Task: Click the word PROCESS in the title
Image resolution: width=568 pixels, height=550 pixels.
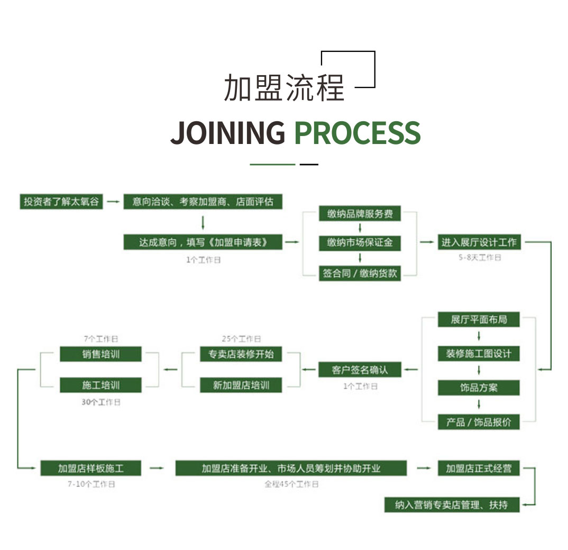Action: click(357, 132)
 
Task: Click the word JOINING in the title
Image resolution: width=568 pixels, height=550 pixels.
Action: click(228, 132)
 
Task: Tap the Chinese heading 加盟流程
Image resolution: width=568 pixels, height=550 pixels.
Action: click(284, 87)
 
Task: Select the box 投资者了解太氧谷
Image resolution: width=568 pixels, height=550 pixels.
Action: click(61, 202)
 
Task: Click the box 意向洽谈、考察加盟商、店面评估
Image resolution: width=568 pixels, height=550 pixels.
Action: click(203, 202)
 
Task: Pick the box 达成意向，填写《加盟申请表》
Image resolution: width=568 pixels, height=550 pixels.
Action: click(203, 242)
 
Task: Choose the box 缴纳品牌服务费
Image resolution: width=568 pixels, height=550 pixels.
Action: click(360, 214)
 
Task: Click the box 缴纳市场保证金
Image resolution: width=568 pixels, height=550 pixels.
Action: click(360, 243)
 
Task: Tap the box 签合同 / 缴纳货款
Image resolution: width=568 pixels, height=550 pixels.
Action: click(360, 273)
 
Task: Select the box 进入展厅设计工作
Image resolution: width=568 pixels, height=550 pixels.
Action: click(479, 242)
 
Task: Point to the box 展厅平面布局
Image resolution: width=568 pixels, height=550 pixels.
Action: click(479, 320)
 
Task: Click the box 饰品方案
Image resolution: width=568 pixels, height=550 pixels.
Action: click(479, 387)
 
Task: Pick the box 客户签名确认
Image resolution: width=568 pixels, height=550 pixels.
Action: click(360, 369)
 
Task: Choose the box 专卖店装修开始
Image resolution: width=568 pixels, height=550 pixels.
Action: click(241, 354)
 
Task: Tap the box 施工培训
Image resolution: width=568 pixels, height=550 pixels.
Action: click(100, 385)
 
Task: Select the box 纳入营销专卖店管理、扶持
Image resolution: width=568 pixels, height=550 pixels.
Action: click(452, 505)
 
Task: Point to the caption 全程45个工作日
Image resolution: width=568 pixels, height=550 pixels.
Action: click(291, 484)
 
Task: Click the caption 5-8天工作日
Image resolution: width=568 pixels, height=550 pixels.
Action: click(479, 258)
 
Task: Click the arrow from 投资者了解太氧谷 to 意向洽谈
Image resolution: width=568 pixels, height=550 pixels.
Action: click(113, 202)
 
